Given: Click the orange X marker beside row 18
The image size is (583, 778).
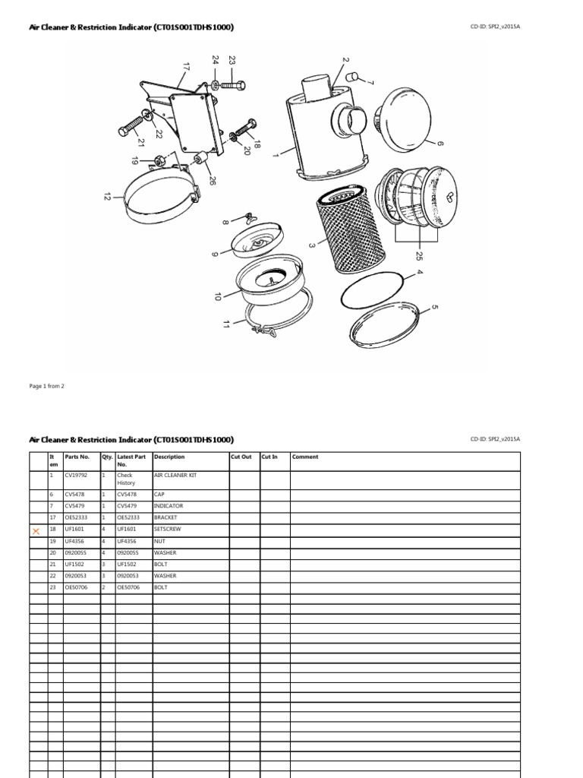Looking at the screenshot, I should [x=36, y=531].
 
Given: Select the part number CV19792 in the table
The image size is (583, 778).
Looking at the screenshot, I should [x=77, y=475].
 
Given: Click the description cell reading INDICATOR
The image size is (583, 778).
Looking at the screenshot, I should [x=169, y=506].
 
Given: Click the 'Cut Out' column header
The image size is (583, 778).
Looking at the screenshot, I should [x=241, y=457].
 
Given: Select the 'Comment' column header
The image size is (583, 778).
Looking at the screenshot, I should [x=305, y=457].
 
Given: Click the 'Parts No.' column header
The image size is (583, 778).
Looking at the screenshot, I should [x=77, y=457].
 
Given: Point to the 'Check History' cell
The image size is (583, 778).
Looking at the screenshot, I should [x=125, y=479].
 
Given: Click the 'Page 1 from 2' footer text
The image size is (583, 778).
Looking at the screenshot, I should [x=47, y=386].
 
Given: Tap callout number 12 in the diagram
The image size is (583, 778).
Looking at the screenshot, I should [x=107, y=197].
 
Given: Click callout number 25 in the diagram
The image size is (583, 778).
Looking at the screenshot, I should [x=418, y=255].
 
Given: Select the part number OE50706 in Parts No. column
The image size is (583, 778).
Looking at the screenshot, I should [x=77, y=587].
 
